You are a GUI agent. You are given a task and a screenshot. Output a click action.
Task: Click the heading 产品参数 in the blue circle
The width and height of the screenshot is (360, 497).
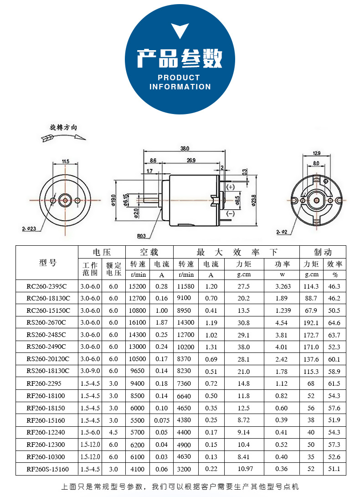point(180,58)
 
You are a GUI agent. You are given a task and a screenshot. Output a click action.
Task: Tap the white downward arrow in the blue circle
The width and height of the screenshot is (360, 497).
point(180,31)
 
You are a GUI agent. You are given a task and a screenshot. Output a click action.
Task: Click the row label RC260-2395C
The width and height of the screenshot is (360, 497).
point(46,286)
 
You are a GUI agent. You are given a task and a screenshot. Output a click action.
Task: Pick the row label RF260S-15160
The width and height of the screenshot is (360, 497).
point(47,469)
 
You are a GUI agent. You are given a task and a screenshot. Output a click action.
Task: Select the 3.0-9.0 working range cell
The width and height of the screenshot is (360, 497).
point(90,372)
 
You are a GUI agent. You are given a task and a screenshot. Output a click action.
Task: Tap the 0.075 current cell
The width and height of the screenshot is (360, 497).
point(162,420)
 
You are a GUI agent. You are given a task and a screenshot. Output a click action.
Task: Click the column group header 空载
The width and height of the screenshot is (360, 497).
point(149,252)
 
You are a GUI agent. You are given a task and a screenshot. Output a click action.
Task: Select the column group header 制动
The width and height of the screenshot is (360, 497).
point(323,252)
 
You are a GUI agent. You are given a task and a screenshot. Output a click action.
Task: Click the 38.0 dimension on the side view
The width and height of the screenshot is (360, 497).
point(185,149)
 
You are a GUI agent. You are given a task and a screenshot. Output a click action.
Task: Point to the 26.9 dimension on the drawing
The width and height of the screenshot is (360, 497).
point(191,160)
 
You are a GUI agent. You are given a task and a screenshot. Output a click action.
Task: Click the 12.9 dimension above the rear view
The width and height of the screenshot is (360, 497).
point(316,153)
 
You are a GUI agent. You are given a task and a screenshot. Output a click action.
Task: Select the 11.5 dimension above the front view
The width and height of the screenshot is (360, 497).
point(65,161)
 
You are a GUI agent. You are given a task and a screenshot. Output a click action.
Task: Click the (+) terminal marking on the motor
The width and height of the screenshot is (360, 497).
point(230,187)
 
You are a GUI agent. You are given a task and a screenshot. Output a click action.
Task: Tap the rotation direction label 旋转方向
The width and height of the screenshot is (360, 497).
point(63,128)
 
